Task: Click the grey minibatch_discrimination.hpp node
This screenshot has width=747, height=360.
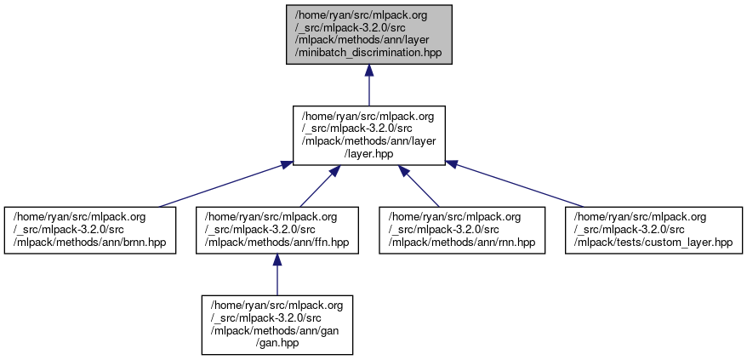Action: [x=368, y=34]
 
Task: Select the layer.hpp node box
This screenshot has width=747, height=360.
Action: [x=368, y=135]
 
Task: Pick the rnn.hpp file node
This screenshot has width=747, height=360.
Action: [x=461, y=230]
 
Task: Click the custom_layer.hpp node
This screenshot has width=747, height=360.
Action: [x=653, y=230]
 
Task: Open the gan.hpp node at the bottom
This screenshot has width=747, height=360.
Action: [x=277, y=324]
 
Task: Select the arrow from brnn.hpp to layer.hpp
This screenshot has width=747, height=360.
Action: [x=221, y=186]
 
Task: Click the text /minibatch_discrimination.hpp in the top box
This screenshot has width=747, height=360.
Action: [x=368, y=53]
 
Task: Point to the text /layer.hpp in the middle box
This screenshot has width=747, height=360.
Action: [x=368, y=154]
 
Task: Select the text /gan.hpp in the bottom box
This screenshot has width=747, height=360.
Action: [x=277, y=343]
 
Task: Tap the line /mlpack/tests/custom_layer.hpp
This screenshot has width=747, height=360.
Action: [x=653, y=243]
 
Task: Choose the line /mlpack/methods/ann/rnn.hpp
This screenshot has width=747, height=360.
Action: [x=461, y=243]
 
